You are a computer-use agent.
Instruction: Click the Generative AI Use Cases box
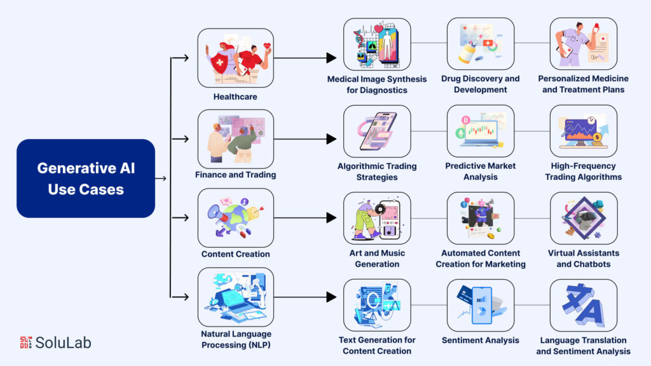click(86, 179)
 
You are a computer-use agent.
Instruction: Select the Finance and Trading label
click(236, 175)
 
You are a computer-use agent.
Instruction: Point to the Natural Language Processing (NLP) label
click(236, 339)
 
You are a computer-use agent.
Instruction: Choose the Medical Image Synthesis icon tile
click(377, 44)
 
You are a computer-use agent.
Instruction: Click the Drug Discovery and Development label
click(480, 84)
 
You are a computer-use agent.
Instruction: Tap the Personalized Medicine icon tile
click(583, 44)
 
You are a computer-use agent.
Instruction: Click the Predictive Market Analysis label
click(480, 172)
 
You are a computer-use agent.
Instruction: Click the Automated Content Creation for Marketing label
click(480, 259)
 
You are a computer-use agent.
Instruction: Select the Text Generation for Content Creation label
click(377, 346)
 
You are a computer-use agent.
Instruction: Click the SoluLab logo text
click(63, 342)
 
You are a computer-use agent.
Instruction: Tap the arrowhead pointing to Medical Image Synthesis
click(331, 58)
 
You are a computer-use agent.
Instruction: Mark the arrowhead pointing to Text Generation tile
click(331, 297)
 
